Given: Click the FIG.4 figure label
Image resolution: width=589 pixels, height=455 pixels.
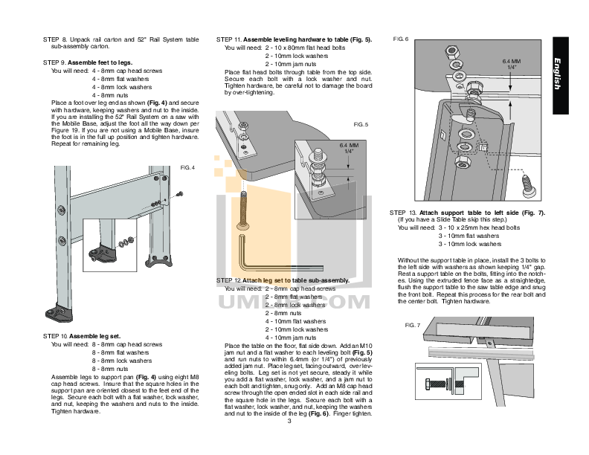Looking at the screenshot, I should [x=187, y=169].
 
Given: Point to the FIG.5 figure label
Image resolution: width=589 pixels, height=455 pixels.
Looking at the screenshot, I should [x=361, y=124].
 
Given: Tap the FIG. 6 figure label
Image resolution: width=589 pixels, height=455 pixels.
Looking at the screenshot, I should [x=400, y=38].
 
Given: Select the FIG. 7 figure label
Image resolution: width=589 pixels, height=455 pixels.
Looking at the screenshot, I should [x=413, y=326].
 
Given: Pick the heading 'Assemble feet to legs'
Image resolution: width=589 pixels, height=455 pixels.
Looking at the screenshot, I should [x=104, y=62].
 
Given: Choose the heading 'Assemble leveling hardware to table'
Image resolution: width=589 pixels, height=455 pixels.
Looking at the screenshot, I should [x=294, y=39].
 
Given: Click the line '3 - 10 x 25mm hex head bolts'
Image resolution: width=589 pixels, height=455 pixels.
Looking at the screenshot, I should [x=480, y=227].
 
